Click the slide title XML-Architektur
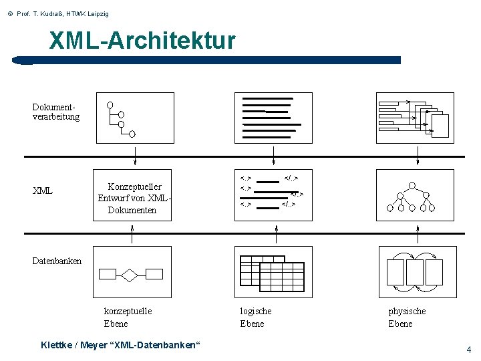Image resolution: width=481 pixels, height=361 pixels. (x=142, y=41)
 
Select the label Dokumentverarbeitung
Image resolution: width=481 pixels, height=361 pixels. (x=55, y=112)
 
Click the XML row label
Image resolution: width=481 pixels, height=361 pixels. (x=43, y=191)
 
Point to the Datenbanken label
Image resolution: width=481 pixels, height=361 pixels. (x=57, y=261)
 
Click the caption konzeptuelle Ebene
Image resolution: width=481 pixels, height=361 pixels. (x=128, y=317)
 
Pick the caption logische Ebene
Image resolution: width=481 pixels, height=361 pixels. (x=255, y=317)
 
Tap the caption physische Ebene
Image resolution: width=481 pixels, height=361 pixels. (x=406, y=317)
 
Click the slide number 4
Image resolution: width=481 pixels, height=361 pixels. (x=468, y=350)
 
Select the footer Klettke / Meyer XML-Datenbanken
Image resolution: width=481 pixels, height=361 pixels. (x=120, y=345)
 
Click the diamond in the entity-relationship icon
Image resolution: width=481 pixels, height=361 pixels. (x=130, y=274)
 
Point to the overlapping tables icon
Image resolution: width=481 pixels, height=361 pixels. (x=273, y=271)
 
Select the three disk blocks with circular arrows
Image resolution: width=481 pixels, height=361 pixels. (x=414, y=272)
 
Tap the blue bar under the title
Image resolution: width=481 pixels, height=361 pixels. (x=207, y=60)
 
